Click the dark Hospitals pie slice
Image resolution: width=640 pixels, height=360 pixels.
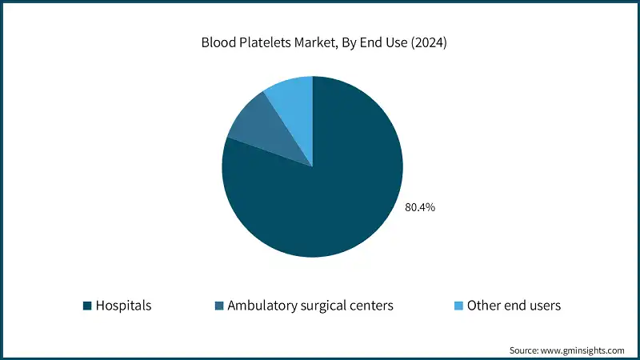point(320,192)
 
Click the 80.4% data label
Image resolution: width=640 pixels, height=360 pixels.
point(420,207)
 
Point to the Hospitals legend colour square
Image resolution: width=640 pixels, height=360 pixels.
point(86,305)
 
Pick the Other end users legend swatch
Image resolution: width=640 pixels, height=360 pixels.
point(458,305)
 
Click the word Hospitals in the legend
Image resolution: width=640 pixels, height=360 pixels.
point(123,305)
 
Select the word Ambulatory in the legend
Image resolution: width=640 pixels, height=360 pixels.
point(260,305)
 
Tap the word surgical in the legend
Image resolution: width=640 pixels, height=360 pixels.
point(323,305)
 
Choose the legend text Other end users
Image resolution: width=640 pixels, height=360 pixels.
point(514,305)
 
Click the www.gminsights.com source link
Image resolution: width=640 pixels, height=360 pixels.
point(582,350)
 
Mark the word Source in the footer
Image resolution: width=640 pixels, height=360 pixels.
point(524,350)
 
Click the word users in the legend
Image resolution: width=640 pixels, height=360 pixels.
point(544,305)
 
